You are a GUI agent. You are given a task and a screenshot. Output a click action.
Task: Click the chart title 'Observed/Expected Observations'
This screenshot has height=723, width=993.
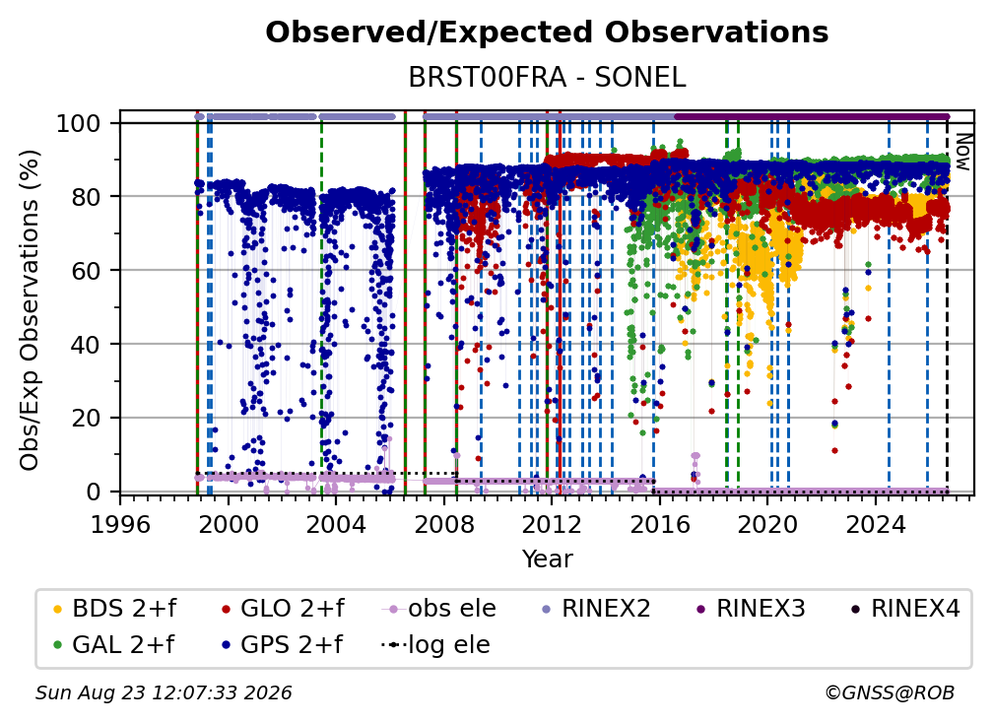(547, 33)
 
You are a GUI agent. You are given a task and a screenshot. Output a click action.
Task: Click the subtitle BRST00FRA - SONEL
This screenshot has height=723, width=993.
(547, 77)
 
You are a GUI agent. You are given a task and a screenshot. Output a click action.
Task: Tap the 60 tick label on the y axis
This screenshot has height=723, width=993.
(86, 270)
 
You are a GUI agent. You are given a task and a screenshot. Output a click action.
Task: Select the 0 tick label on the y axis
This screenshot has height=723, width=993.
(94, 492)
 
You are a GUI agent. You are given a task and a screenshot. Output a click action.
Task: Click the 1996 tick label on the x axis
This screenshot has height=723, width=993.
(120, 524)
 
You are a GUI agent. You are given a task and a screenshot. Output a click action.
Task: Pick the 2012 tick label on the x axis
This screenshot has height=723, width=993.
(551, 524)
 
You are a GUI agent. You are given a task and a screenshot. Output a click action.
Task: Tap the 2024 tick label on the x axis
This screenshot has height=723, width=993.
(875, 524)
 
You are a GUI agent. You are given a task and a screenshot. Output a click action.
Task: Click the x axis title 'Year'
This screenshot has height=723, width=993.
(547, 559)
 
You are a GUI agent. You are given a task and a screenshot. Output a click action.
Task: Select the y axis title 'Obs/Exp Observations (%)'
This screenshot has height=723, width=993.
(30, 309)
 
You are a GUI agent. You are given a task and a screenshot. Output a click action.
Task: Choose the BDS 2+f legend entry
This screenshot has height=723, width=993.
(114, 609)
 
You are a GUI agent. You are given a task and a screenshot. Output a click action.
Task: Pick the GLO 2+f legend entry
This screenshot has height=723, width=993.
(283, 609)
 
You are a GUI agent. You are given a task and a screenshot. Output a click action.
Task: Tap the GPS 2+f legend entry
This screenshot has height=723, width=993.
(281, 645)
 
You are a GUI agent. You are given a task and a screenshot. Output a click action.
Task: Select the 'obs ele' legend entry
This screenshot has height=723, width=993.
(439, 609)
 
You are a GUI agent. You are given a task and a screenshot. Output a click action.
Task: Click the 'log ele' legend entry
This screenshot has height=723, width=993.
(435, 645)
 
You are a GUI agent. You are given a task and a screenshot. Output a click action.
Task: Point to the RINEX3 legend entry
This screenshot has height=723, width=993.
(751, 609)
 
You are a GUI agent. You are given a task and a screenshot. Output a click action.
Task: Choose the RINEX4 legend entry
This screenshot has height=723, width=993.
(905, 609)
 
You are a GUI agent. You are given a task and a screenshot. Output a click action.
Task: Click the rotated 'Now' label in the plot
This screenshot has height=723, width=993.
(962, 152)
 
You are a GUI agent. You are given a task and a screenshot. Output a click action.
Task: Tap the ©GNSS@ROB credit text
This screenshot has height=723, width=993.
(890, 693)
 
